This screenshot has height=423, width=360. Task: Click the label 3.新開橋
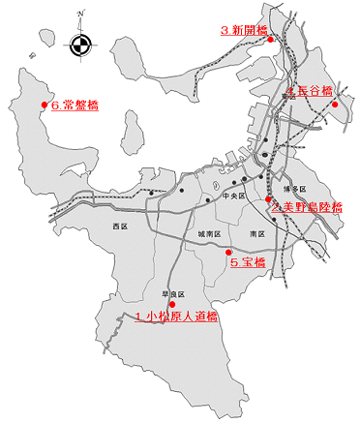242,30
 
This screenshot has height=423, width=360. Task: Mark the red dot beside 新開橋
270,40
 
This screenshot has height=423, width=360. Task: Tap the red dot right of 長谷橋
334,105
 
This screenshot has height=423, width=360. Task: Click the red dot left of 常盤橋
44,105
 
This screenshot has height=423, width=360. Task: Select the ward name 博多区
296,189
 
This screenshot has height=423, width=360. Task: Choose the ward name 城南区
210,234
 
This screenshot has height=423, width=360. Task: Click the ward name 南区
256,233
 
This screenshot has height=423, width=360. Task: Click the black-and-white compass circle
80,43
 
